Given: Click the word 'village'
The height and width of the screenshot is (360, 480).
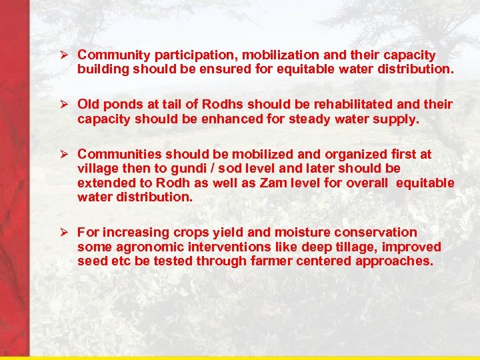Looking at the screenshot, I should (x=99, y=169).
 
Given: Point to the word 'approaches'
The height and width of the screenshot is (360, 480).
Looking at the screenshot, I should (x=394, y=261).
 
